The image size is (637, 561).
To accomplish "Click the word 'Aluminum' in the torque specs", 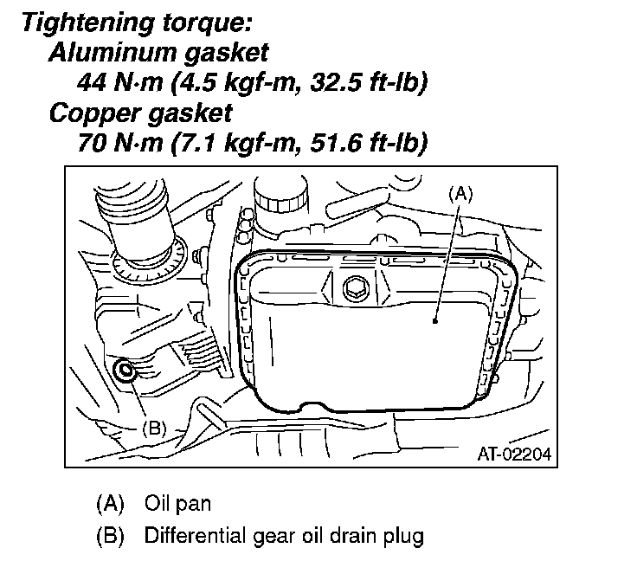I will coord(109,53).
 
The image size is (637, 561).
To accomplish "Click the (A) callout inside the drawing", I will coord(461,194).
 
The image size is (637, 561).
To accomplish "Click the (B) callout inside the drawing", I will coord(152,428).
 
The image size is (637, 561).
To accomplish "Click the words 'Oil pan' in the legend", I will coord(177,502).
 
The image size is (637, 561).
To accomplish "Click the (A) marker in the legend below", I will coord(110,502).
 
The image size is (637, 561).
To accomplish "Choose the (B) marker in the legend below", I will coord(110,535).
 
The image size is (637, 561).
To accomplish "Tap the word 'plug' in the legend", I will coord(405,536).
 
